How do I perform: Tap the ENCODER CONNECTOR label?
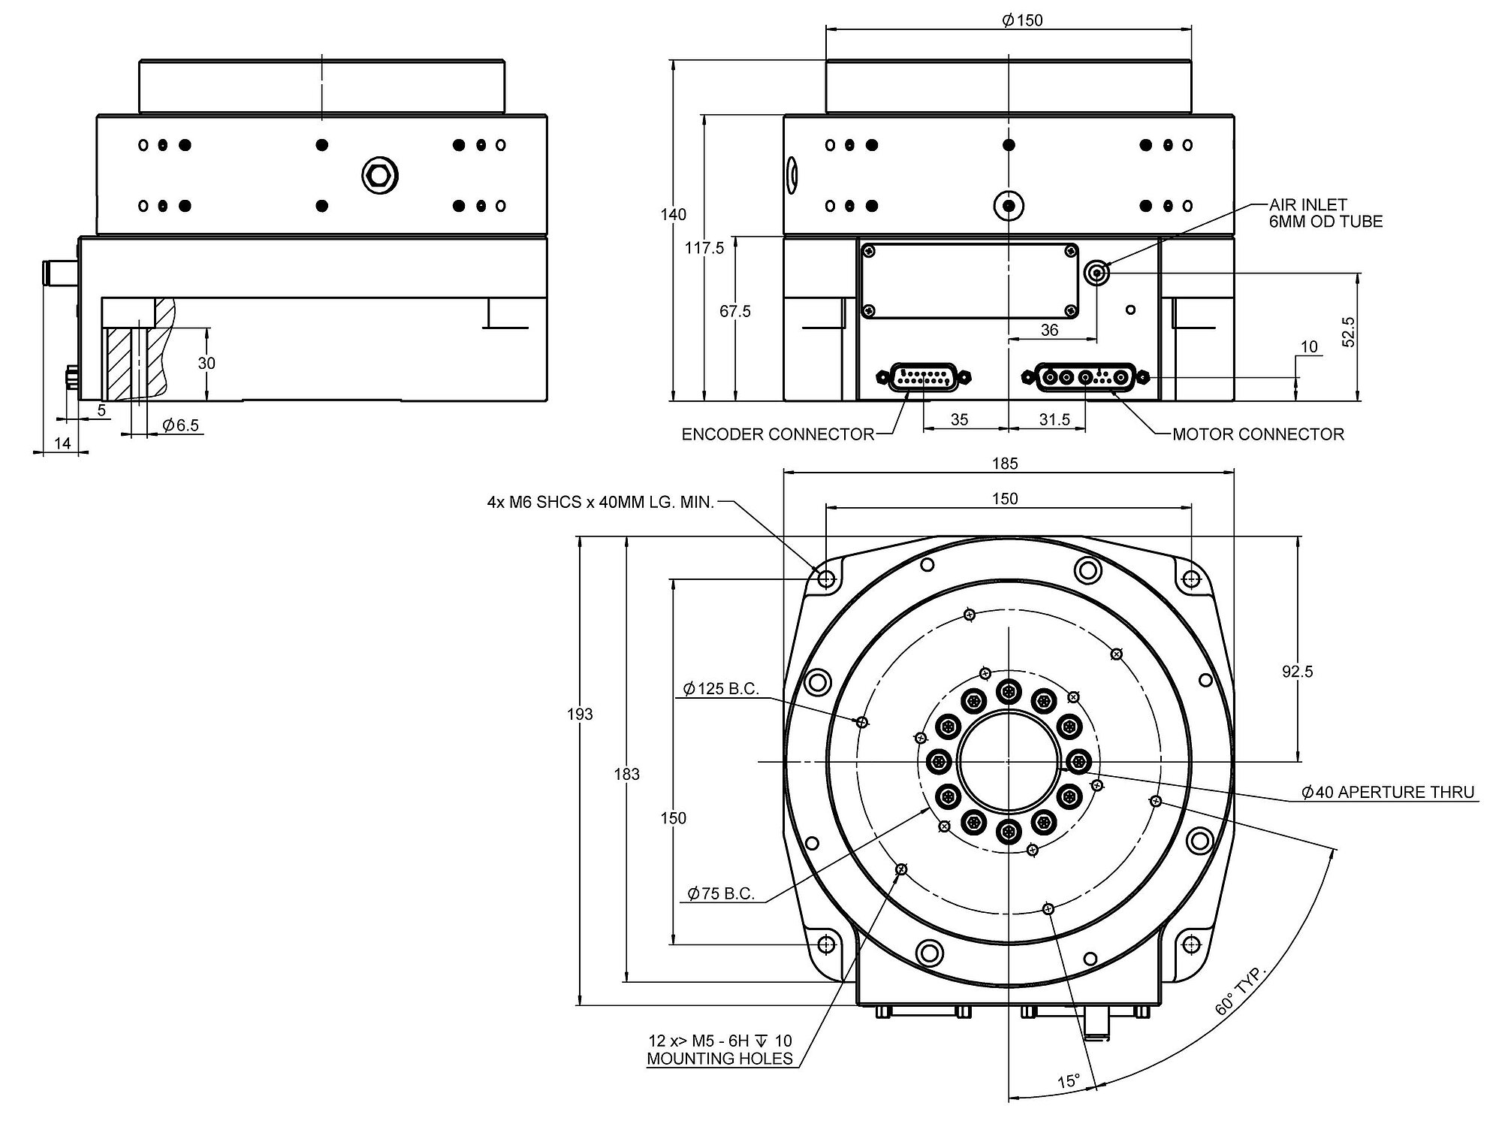point(777,434)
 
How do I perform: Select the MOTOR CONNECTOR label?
point(1258,434)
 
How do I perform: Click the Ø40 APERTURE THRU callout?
point(1388,792)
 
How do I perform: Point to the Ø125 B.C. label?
point(721,688)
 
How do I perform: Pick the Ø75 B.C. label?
point(721,893)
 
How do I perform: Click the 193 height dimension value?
point(580,714)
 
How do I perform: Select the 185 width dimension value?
point(1004,464)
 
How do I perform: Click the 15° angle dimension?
point(1068,1082)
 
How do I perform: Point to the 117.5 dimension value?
point(704,248)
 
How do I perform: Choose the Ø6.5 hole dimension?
point(180,426)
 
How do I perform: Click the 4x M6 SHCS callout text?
point(600,503)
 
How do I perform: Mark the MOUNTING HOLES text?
point(719,1059)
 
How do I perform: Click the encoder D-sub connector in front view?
point(923,377)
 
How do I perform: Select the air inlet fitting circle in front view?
point(1097,273)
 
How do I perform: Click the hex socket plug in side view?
point(379,176)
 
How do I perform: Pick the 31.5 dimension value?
point(1054,420)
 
